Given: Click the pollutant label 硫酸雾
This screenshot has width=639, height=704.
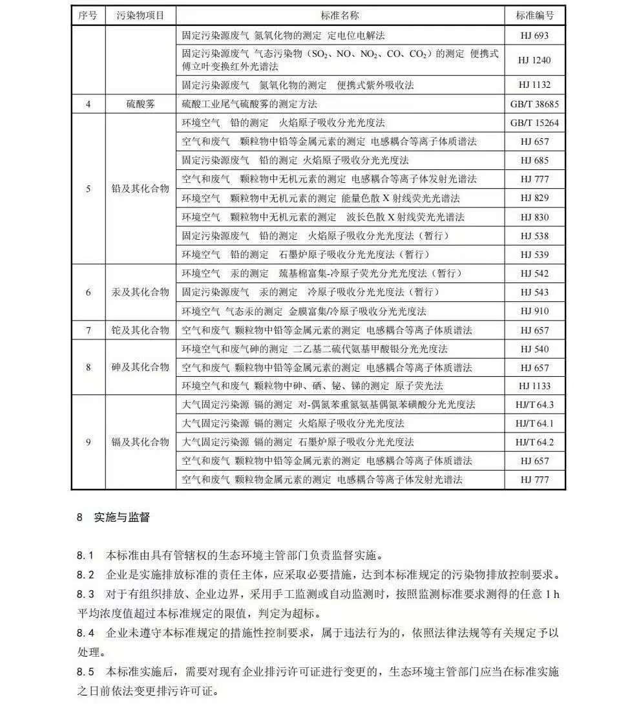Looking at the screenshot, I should tap(140, 104).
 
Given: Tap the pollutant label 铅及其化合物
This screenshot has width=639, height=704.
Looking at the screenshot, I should tap(140, 189).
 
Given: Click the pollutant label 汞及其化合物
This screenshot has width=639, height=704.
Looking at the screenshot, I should tap(140, 292).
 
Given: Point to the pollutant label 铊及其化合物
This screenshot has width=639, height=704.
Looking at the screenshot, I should tap(140, 330).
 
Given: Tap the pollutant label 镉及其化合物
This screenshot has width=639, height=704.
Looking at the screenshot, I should tap(140, 442).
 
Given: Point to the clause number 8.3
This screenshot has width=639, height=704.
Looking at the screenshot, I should tap(85, 593).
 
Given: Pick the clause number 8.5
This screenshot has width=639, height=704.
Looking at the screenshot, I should tap(85, 671).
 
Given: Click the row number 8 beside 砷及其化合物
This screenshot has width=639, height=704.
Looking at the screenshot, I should tap(89, 367).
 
